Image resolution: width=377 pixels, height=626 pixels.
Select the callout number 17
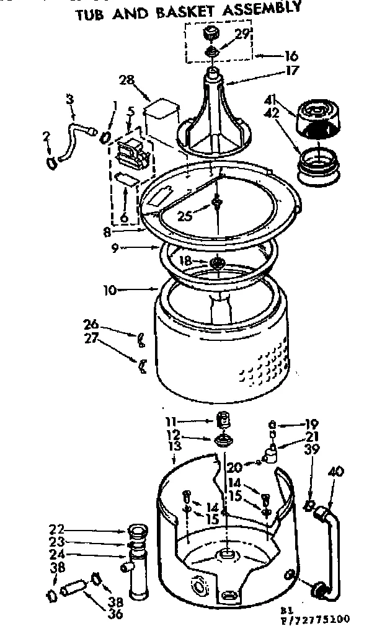[291, 70]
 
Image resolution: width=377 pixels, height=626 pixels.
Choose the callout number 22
[57, 531]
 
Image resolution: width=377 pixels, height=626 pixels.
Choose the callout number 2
[45, 134]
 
